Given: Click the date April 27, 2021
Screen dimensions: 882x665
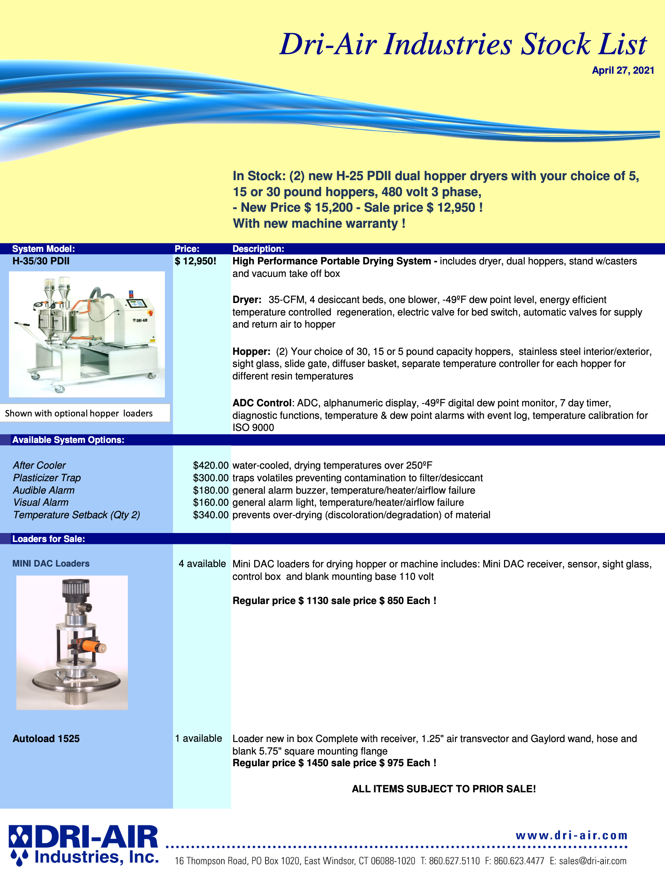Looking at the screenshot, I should (x=623, y=71).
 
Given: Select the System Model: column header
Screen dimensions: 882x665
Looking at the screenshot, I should (x=43, y=249).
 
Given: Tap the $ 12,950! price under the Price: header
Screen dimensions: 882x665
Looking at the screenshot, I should (x=195, y=261).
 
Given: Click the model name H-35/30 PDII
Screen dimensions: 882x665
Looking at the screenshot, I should (x=41, y=261).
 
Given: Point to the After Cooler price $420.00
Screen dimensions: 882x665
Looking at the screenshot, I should (x=210, y=465).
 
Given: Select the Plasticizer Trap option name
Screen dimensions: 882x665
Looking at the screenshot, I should (x=47, y=478).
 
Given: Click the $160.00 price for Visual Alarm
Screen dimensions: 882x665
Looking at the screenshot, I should (x=210, y=502).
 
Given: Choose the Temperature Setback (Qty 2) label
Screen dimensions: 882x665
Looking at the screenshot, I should (x=76, y=515).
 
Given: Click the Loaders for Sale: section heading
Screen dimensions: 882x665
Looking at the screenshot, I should (x=49, y=539).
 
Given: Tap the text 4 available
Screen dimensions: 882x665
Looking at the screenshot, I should (x=202, y=564).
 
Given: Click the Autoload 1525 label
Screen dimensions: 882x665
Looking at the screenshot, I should (x=46, y=739).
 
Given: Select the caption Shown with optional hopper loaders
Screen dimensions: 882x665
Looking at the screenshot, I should (x=79, y=413).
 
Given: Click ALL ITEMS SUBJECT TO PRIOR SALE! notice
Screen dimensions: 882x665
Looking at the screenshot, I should (x=443, y=789).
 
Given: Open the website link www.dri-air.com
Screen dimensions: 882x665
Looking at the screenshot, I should (x=571, y=835).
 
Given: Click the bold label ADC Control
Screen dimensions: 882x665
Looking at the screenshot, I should (x=262, y=403).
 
